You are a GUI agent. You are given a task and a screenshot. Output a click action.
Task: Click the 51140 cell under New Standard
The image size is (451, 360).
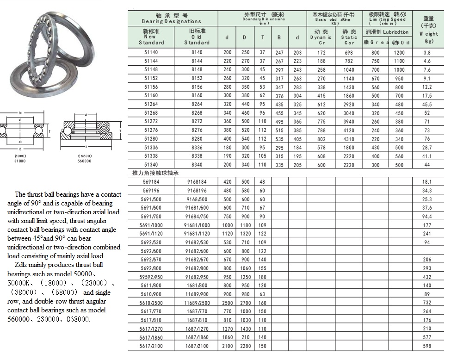click(151, 53)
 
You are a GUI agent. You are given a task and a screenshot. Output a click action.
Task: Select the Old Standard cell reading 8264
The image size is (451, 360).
click(197, 105)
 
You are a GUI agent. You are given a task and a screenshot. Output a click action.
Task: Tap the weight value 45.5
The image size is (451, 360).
click(426, 105)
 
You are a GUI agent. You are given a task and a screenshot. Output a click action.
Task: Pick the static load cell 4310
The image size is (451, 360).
click(349, 139)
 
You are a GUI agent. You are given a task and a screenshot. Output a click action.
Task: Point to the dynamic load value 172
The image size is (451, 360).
click(321, 53)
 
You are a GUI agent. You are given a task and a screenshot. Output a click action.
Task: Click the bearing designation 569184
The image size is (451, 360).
click(151, 182)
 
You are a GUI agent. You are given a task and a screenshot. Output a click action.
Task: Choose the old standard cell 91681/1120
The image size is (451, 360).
click(197, 234)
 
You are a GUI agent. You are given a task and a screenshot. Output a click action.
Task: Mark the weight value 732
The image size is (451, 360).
click(426, 303)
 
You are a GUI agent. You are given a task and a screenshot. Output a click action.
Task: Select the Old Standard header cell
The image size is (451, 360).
click(197, 37)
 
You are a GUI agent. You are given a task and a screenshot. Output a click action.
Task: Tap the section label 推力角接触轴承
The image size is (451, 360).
click(155, 173)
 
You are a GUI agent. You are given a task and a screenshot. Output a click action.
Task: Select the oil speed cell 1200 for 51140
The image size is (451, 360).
click(399, 53)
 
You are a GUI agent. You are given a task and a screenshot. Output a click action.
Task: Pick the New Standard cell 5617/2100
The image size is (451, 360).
click(151, 346)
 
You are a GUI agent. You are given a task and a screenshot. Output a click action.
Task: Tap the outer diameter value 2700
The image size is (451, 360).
click(245, 303)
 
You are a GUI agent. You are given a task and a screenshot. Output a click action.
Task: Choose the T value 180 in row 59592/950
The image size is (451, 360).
click(262, 277)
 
